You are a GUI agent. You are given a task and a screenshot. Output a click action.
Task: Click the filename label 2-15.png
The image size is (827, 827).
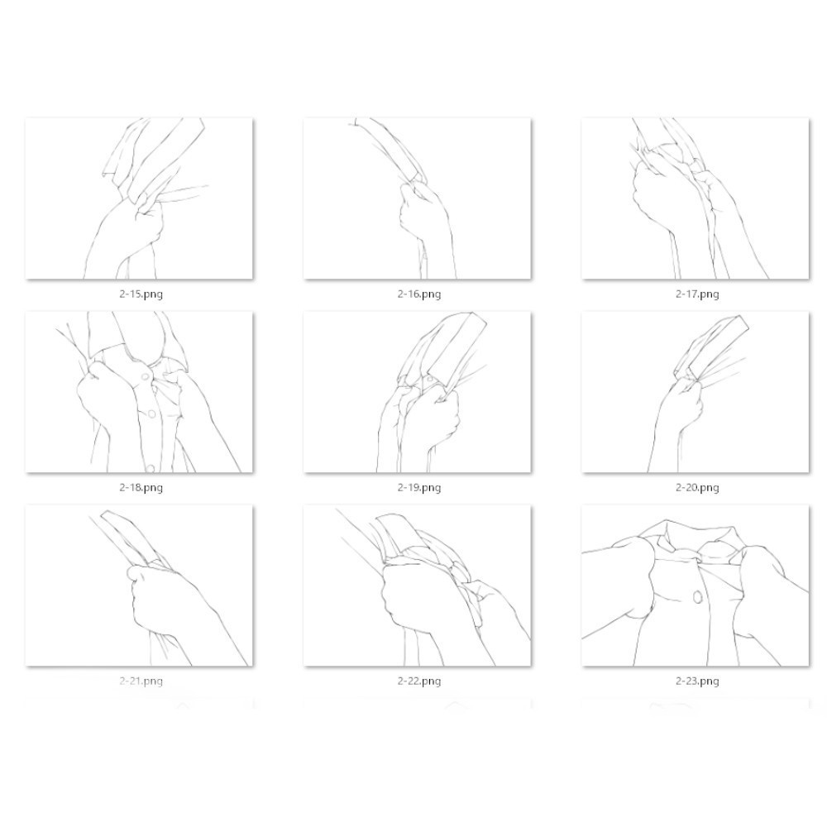pos(141,294)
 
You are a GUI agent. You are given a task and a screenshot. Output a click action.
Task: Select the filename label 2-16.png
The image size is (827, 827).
pos(419,294)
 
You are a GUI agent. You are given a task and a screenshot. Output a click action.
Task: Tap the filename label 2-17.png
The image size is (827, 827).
pos(697,294)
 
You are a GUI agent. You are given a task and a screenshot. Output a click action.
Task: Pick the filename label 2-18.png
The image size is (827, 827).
pos(141,487)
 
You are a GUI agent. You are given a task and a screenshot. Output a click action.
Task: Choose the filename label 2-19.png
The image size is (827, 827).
pos(419,487)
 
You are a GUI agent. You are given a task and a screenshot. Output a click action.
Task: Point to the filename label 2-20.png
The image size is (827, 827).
pos(697,487)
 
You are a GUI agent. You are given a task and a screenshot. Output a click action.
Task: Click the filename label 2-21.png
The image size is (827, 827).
pos(141,681)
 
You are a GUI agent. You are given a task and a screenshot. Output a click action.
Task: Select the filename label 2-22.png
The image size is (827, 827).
pos(419,681)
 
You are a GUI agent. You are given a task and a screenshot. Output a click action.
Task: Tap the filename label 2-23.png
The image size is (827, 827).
pos(697,681)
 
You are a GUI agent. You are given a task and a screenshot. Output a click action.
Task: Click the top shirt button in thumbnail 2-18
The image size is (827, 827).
pos(145,376)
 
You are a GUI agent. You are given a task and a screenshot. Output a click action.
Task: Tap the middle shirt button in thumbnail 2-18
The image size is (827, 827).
pos(151,414)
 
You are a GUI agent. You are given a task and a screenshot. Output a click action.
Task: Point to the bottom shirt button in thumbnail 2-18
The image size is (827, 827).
pos(151,468)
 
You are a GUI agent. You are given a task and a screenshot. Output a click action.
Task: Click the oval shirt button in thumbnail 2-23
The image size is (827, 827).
pos(696,597)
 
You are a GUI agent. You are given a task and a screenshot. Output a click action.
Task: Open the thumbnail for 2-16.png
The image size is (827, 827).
pos(417,198)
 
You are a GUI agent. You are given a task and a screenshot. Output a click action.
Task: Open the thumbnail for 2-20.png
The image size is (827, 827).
pos(696,392)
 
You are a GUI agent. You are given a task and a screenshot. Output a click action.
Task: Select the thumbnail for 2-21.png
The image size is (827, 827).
pos(139,586)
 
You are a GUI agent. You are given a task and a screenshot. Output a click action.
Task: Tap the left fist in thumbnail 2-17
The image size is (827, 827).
pos(654,195)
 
